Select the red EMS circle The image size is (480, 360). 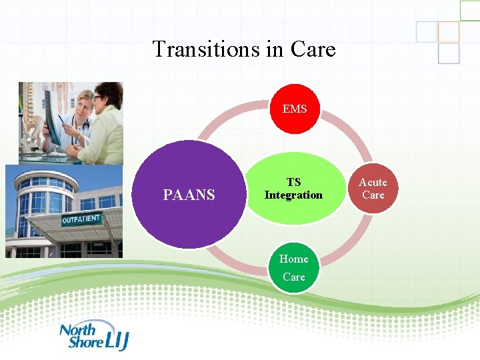[x=294, y=109]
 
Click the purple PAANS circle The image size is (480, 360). [x=189, y=195]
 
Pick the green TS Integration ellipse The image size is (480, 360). [x=293, y=189]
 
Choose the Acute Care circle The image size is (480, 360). [x=373, y=189]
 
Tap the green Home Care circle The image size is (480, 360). [x=294, y=267]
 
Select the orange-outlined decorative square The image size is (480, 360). [x=449, y=31]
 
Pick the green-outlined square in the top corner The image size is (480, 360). [x=470, y=9]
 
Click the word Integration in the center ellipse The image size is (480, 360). [x=293, y=195]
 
